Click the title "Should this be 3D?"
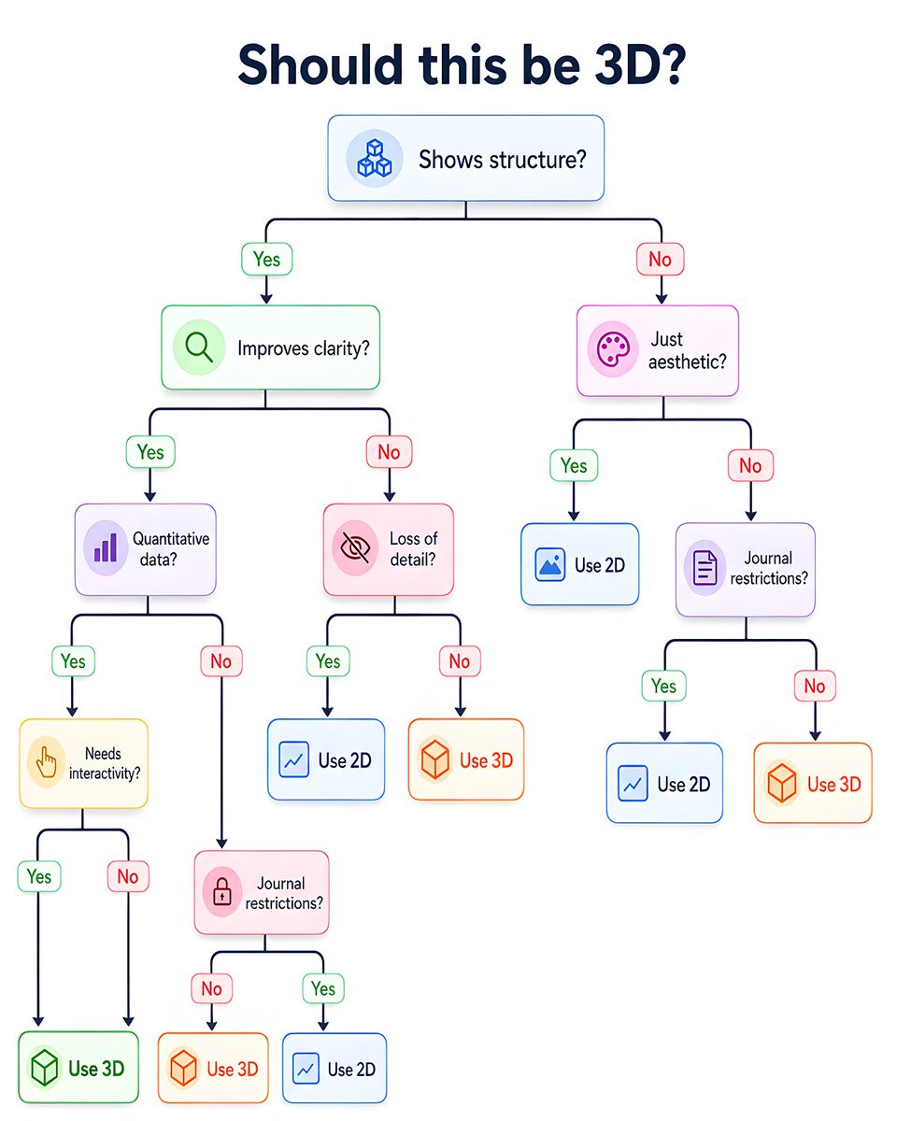(462, 65)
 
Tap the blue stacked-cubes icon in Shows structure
(375, 158)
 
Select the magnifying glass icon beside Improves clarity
(199, 347)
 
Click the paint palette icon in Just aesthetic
(613, 349)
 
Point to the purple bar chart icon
(106, 547)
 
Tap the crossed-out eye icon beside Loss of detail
(355, 547)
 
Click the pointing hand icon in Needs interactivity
(46, 762)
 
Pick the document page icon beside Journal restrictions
(705, 568)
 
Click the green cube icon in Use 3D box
(44, 1068)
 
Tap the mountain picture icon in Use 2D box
(549, 564)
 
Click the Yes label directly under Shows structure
(267, 259)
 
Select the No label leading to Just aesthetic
(660, 259)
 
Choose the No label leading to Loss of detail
(389, 452)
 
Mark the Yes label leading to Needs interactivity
(73, 661)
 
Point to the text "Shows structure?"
(503, 160)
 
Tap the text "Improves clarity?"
(304, 348)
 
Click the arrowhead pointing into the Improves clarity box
(266, 299)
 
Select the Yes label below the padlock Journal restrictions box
(323, 988)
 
